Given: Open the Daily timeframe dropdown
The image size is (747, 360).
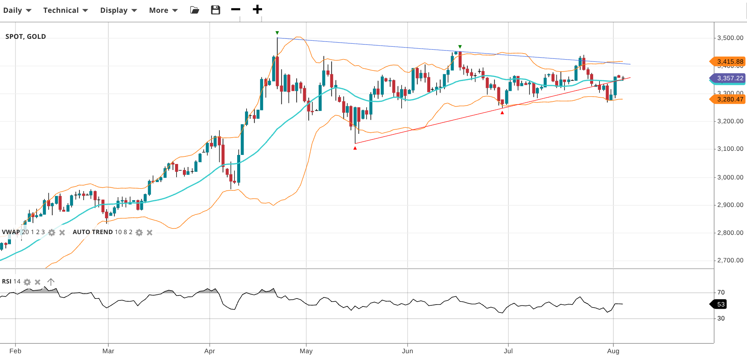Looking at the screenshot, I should [x=17, y=10].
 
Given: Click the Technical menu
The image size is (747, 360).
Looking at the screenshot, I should [x=65, y=10].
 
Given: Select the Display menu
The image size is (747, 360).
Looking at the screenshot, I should [x=118, y=10].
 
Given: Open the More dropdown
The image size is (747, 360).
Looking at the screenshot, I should [x=163, y=10].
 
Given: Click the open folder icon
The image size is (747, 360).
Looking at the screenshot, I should [x=195, y=10].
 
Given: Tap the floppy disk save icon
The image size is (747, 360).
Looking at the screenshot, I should [x=215, y=10].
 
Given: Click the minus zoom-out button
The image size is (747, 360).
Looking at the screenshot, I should [x=236, y=9].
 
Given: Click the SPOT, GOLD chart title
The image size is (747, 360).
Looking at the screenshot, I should [x=26, y=37].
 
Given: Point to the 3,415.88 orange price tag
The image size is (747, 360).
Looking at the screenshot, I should [x=728, y=61].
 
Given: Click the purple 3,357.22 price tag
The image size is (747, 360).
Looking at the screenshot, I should [x=728, y=78].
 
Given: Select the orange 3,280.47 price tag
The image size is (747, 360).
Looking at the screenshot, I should [x=728, y=99].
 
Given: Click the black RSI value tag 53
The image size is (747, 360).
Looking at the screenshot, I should [x=719, y=304].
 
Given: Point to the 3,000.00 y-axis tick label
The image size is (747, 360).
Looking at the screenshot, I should [x=730, y=177].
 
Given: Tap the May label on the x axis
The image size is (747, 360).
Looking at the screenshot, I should [x=306, y=351].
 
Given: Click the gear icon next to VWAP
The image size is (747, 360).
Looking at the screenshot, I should [x=52, y=233].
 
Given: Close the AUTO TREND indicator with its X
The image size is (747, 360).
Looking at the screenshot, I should [x=149, y=233].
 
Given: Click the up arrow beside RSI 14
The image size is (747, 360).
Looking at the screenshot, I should [x=51, y=282].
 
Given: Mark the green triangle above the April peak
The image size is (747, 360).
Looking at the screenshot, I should [x=277, y=33].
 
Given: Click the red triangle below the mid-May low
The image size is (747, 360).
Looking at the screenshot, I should [x=355, y=148].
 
